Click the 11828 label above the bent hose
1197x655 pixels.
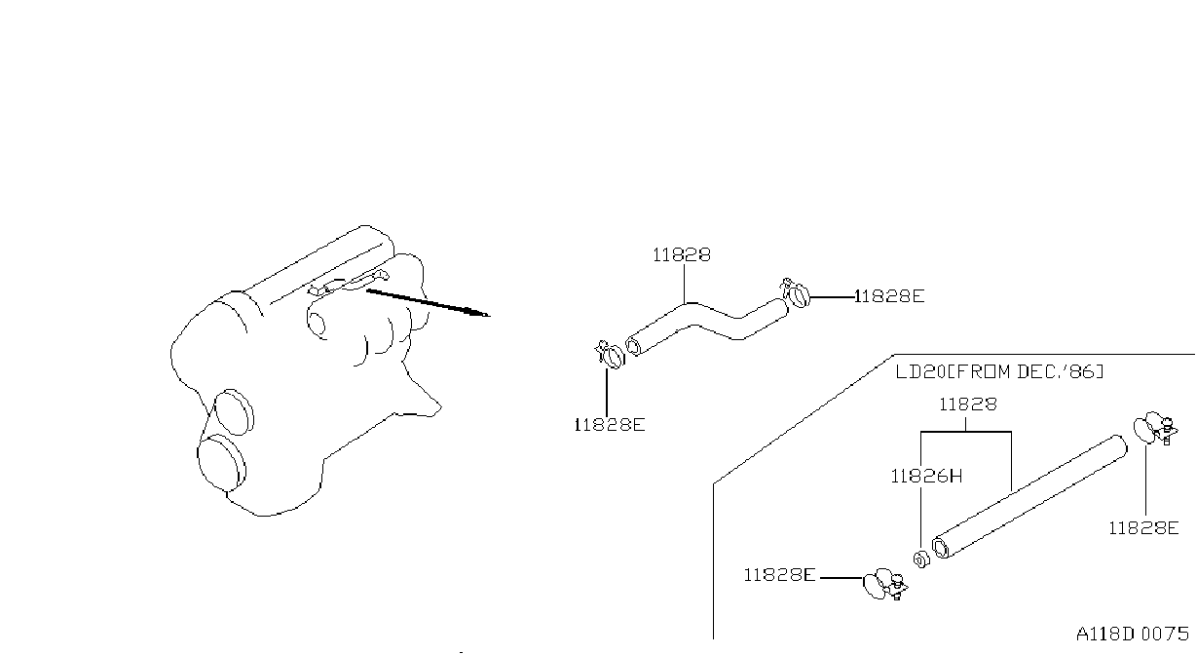[x=682, y=255]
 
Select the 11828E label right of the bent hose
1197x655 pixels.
[x=889, y=296]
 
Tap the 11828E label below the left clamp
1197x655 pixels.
[x=610, y=425]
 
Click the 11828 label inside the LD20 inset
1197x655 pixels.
[x=968, y=405]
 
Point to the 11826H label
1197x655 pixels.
[x=926, y=476]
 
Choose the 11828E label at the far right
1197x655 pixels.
[x=1143, y=528]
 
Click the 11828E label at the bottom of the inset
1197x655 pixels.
[x=779, y=575]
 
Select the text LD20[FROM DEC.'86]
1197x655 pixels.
[x=999, y=371]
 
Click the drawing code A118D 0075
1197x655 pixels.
[x=1133, y=634]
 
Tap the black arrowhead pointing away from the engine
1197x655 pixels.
[x=478, y=313]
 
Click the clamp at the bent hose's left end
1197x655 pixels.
[x=610, y=355]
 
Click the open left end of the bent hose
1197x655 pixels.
[x=633, y=345]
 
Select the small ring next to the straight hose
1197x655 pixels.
[x=921, y=559]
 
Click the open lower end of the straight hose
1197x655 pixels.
[x=941, y=548]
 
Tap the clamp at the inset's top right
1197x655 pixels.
[x=1155, y=428]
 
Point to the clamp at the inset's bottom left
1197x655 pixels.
[x=885, y=584]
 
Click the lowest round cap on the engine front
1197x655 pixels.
[x=222, y=463]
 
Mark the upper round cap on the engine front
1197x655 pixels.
[x=234, y=411]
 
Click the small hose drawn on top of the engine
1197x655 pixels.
[x=349, y=285]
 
